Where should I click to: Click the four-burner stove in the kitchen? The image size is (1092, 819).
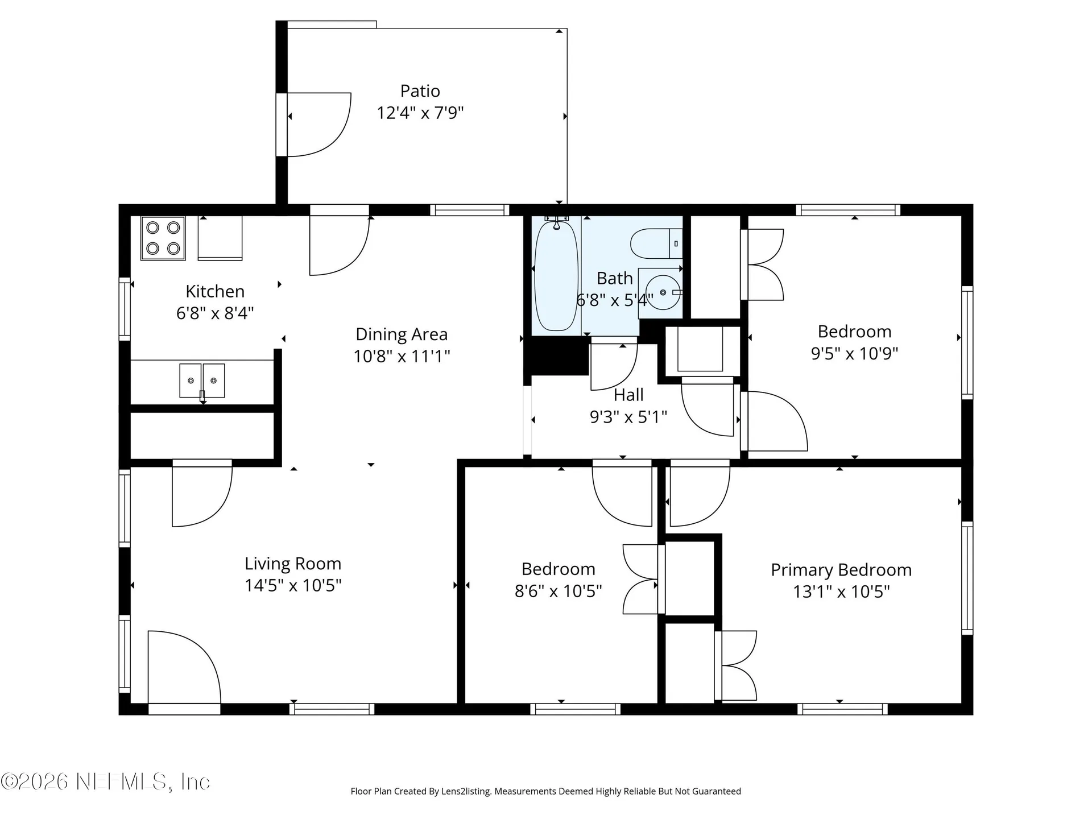(163, 238)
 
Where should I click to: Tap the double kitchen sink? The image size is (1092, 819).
(202, 381)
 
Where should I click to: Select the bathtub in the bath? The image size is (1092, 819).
(556, 276)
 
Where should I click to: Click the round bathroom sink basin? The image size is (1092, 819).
(663, 292)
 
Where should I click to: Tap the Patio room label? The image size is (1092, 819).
(420, 91)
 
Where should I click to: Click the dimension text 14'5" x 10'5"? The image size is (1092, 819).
(293, 585)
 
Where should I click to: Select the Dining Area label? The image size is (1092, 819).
(402, 334)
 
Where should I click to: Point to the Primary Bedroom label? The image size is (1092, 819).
(841, 570)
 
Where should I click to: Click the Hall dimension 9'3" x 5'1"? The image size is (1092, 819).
(628, 417)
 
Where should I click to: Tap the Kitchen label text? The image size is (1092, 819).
(215, 291)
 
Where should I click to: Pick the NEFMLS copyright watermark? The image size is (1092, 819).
(105, 781)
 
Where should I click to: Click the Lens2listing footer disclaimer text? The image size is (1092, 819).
(545, 791)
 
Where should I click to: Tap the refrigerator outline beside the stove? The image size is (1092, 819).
(220, 238)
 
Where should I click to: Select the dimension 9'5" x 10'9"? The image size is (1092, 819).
(854, 353)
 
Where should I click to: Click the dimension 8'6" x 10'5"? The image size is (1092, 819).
(558, 591)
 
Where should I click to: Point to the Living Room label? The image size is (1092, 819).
(293, 564)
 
